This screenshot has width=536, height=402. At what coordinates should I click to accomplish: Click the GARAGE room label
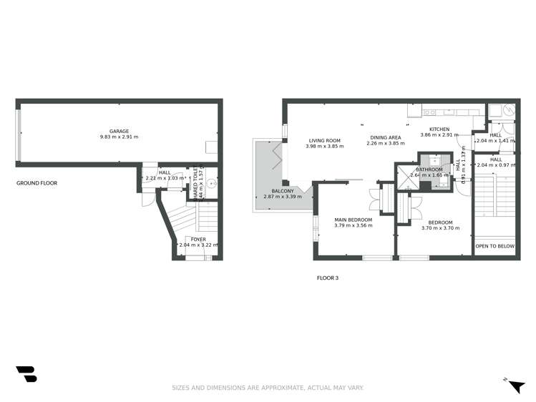coord(119,131)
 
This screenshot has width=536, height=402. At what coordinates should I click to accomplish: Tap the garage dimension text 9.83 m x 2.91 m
coord(119,137)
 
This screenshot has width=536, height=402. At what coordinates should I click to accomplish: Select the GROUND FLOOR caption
coord(36,183)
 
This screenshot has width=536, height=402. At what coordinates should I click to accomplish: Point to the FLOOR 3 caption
coord(327,277)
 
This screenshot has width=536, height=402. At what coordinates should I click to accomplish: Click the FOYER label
coord(198,239)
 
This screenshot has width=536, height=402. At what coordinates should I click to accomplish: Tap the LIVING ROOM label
coord(324,140)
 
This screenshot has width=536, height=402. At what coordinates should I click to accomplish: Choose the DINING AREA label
coord(385,137)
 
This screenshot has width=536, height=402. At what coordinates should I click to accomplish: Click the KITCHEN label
coord(439,129)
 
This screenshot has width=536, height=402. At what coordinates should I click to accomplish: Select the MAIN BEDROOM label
coord(354,220)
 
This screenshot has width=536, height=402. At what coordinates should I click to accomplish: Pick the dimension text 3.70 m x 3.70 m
coord(440,228)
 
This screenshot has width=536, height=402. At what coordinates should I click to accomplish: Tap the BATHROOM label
coord(429,170)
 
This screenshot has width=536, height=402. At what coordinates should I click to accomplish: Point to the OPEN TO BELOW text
coord(494,245)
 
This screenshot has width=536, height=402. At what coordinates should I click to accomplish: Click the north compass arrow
coord(516,386)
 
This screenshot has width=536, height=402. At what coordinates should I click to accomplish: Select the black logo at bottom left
coord(26,373)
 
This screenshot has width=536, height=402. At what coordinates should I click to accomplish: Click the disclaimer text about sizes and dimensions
coord(268,388)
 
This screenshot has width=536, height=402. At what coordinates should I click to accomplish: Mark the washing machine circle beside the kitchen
coord(507,111)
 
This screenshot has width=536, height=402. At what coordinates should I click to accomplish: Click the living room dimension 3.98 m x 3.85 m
coord(324,146)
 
